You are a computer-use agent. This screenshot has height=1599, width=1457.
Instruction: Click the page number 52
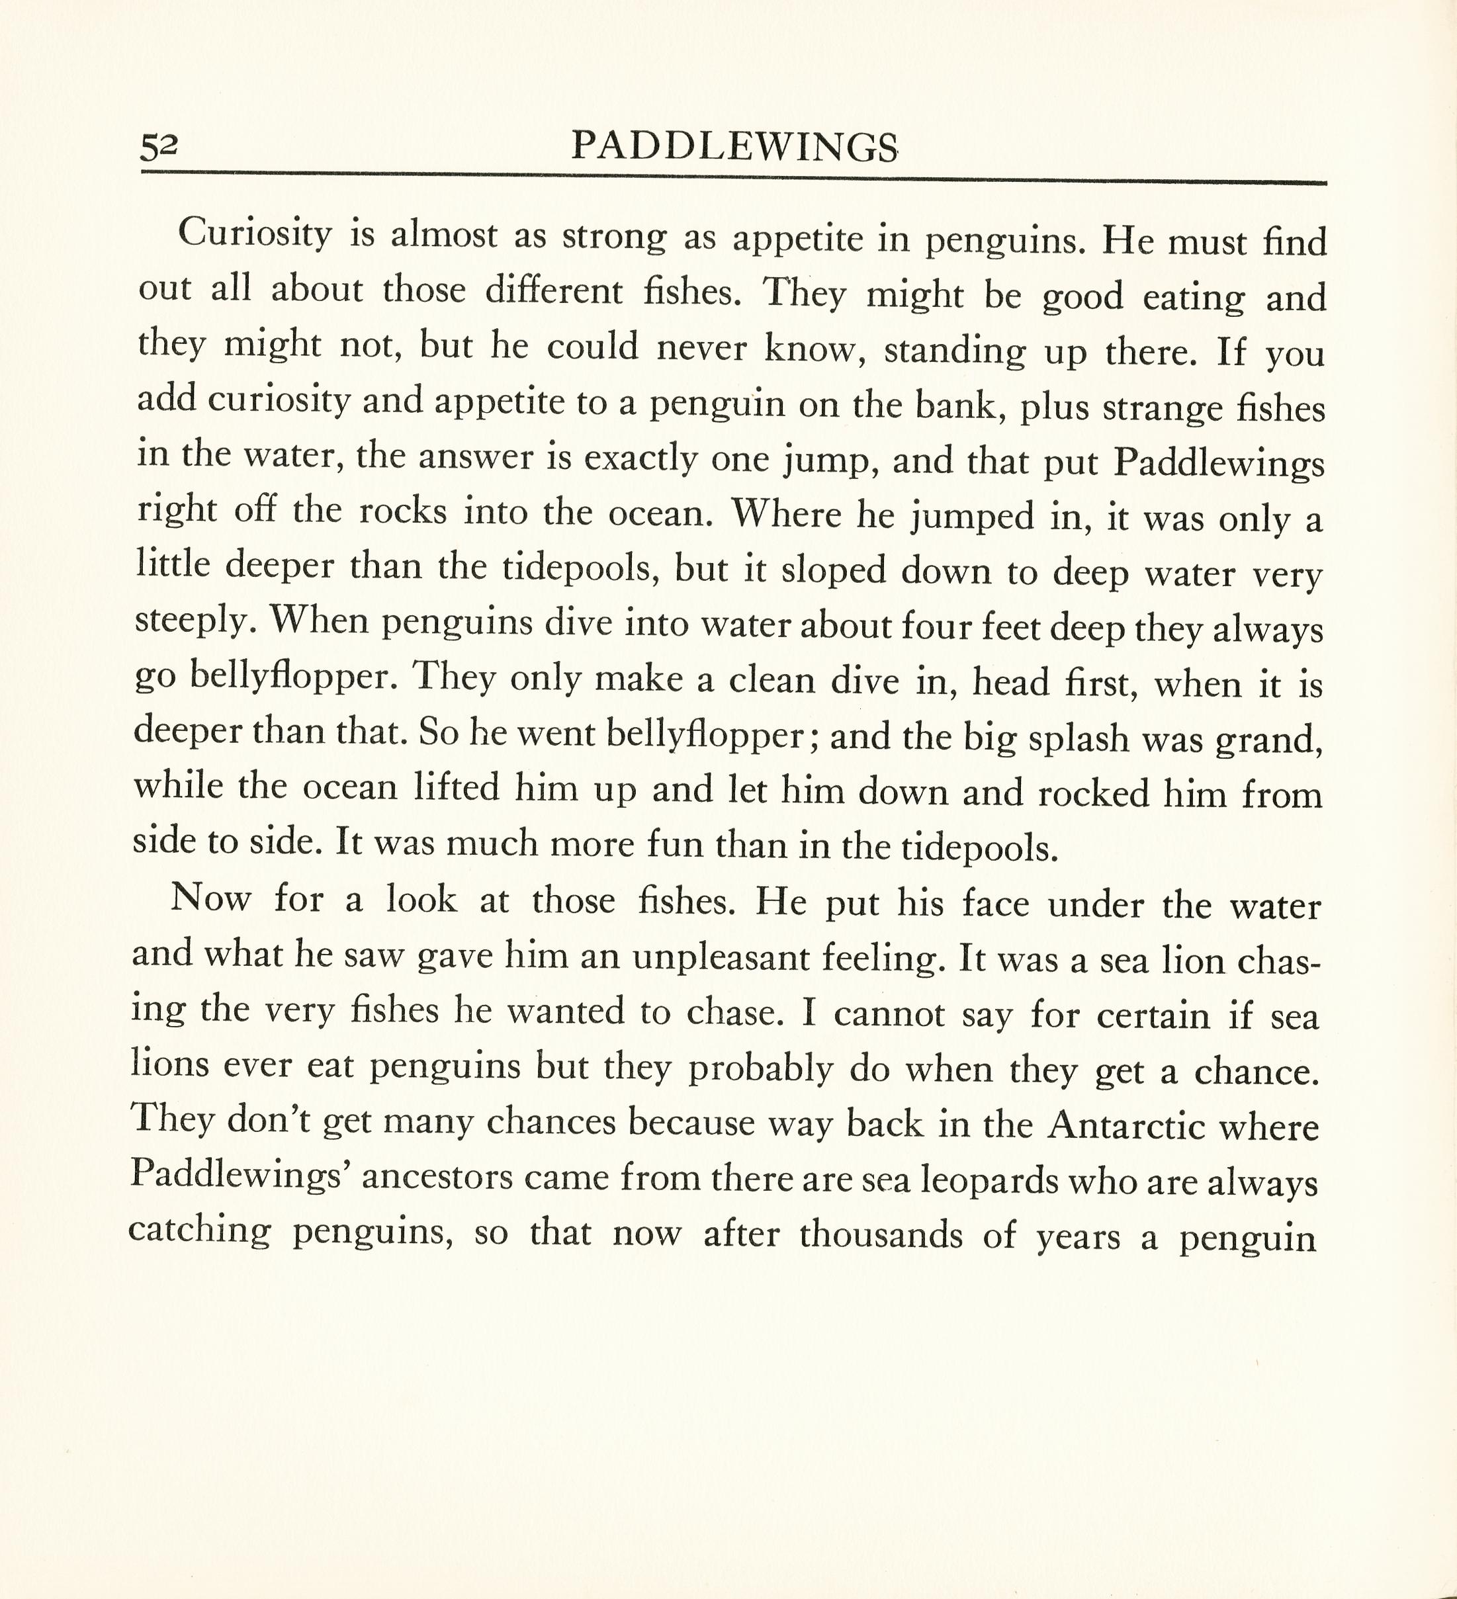click(159, 147)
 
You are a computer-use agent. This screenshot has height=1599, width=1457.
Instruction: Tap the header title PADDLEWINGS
click(734, 147)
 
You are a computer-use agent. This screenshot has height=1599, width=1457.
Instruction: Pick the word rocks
click(403, 511)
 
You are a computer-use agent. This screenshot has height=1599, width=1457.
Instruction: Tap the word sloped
click(834, 570)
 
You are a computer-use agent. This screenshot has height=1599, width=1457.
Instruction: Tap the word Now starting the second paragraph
click(211, 898)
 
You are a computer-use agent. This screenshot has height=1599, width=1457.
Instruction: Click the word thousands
click(881, 1235)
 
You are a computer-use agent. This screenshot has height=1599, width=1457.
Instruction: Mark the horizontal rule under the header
click(734, 179)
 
